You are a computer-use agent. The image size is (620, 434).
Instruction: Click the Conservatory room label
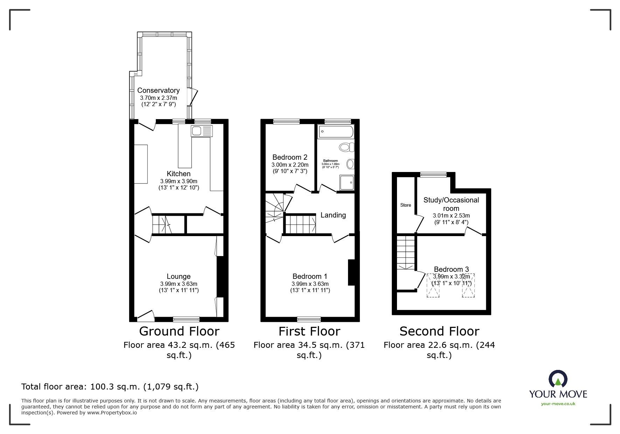coord(158,90)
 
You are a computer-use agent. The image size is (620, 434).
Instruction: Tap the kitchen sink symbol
coord(202,131)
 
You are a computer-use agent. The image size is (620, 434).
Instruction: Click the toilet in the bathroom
coord(346,147)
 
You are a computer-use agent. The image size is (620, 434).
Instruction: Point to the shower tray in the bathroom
coord(347,182)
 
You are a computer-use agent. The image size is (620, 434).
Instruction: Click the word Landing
coord(333,215)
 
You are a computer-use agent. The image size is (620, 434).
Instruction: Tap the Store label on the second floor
coord(405,205)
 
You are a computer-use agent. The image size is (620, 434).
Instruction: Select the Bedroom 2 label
coord(290,157)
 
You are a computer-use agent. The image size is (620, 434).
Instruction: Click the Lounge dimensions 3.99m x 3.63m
coord(179,284)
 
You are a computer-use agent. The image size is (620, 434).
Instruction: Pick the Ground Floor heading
coord(179,331)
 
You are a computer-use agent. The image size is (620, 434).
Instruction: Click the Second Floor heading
coord(439,331)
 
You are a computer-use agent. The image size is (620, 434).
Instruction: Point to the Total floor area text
coord(110,387)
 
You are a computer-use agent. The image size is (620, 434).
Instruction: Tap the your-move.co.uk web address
coord(558,404)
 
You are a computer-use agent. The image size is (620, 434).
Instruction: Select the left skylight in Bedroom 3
coord(433,285)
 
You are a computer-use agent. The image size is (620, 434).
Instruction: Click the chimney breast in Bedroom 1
coord(351,272)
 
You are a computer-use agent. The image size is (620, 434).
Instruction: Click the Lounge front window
coord(186,319)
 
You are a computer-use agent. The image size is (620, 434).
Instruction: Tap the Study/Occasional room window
coord(433,174)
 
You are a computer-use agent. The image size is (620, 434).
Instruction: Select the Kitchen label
coord(179,174)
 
